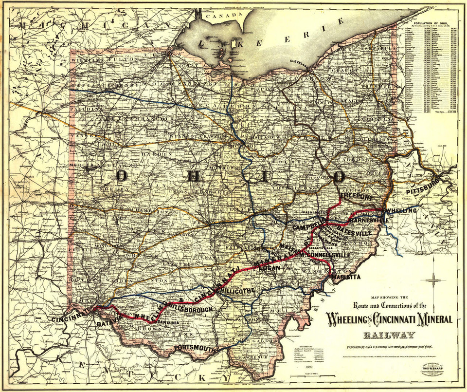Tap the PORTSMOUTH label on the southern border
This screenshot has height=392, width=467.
click(x=195, y=348)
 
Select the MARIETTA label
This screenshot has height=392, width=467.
click(x=346, y=277)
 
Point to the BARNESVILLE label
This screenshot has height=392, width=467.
click(x=369, y=221)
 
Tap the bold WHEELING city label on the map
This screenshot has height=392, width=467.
click(x=401, y=210)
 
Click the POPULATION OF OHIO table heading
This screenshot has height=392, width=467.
click(x=431, y=23)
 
